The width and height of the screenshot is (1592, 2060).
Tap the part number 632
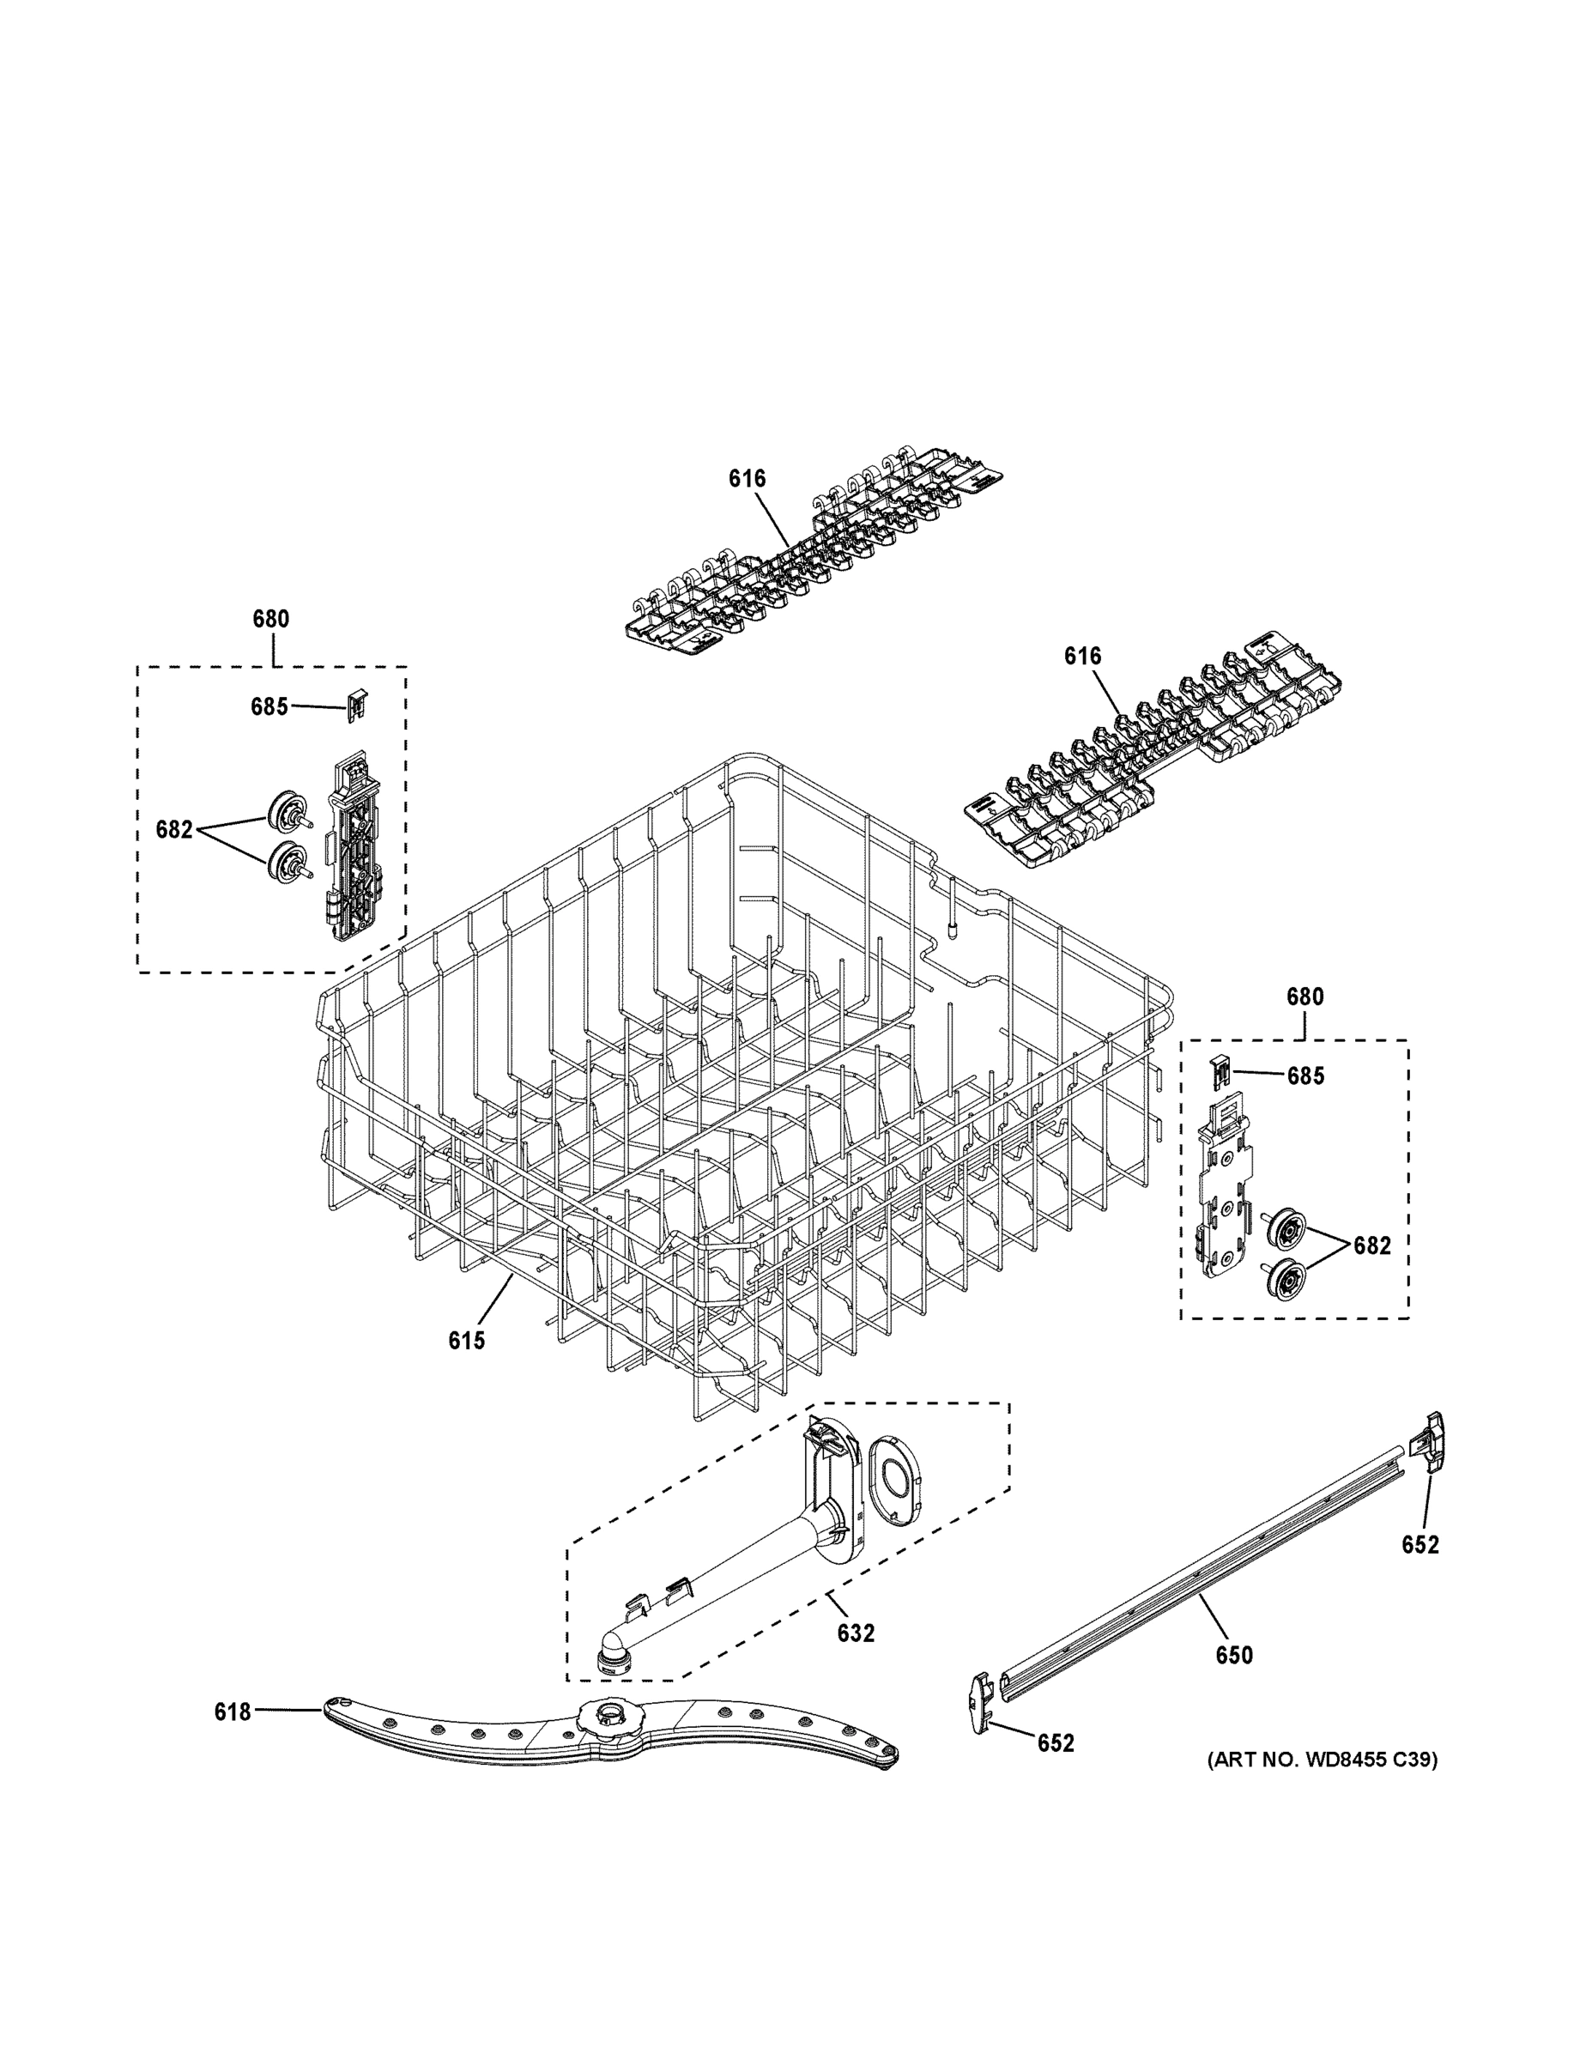(856, 1633)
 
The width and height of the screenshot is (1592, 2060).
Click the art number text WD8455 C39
(1323, 1760)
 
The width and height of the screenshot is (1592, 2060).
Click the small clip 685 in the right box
(1221, 1070)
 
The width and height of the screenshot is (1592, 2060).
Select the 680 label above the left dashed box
(270, 620)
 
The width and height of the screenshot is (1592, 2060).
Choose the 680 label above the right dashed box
(1305, 997)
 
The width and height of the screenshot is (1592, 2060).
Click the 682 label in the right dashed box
(1371, 1246)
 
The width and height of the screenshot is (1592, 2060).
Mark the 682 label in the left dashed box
(174, 830)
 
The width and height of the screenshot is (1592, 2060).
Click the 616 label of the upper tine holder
(747, 479)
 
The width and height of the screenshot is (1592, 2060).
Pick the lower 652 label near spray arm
(1056, 1744)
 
